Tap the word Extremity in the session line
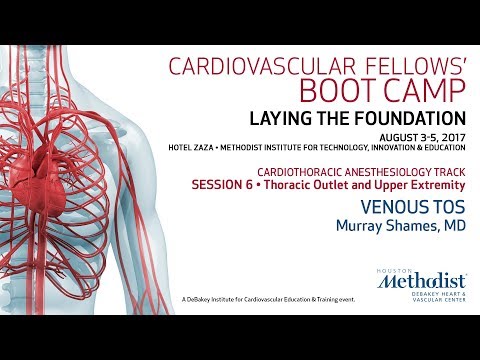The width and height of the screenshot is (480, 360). pos(438,185)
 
